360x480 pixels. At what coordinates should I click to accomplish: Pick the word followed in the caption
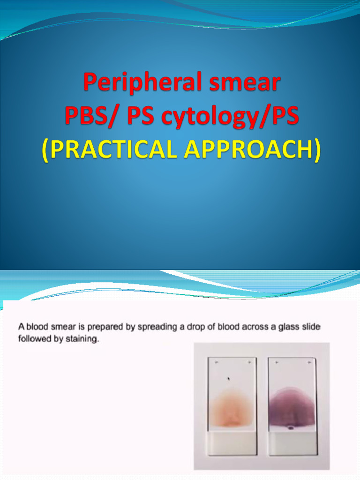34,338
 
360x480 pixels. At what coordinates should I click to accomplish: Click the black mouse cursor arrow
229,379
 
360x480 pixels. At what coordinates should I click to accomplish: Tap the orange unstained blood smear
231,408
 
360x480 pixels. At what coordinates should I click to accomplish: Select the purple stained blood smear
292,405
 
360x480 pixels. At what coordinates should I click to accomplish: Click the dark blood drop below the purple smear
291,427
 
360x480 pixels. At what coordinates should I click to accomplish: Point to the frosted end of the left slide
232,442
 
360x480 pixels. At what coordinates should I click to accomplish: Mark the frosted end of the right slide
292,442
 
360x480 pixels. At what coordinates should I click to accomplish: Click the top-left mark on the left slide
216,362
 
